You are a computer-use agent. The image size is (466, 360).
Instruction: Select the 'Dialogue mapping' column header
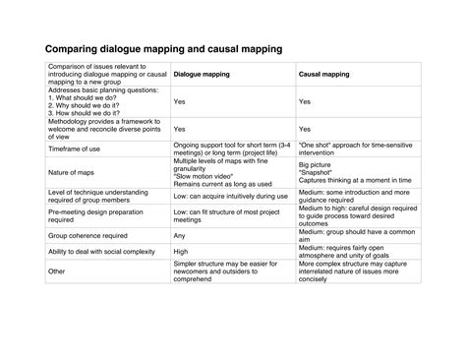point(203,73)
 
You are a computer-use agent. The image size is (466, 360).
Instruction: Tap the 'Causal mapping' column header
point(324,73)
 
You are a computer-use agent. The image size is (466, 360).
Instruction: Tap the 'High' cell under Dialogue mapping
point(180,251)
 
